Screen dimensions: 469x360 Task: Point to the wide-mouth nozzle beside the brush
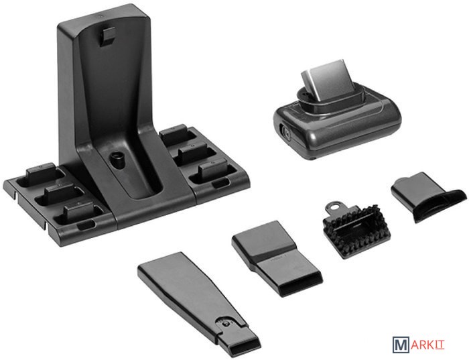(277, 258)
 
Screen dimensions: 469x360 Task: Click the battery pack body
(337, 129)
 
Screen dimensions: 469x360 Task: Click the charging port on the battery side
(285, 132)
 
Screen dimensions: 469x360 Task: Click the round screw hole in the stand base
(117, 158)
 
